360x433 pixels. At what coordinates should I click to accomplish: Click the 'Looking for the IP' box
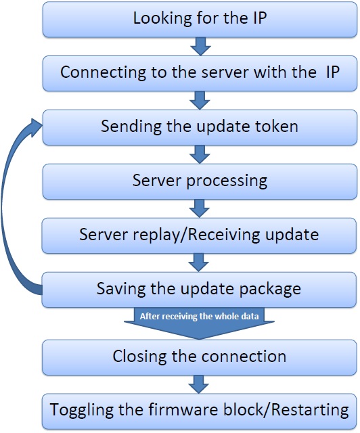(200, 19)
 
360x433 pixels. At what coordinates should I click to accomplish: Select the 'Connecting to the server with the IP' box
(200, 73)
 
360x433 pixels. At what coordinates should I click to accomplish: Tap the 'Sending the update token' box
(200, 127)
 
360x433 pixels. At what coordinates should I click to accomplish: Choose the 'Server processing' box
(200, 181)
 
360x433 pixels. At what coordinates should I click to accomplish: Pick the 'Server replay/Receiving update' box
(200, 235)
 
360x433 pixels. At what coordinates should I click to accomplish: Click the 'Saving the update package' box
(200, 290)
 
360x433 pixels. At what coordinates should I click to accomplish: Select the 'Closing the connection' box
(200, 357)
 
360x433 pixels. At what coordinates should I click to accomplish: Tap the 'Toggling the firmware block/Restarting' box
(200, 411)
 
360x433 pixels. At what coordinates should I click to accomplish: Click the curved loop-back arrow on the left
(15, 203)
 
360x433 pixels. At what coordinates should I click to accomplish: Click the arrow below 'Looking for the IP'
(200, 46)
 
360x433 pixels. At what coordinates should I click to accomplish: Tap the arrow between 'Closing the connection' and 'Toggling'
(200, 384)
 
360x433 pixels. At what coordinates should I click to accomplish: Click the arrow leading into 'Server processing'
(200, 154)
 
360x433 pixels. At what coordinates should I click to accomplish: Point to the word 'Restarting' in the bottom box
(315, 411)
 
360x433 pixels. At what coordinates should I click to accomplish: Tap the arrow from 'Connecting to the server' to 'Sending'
(200, 100)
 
